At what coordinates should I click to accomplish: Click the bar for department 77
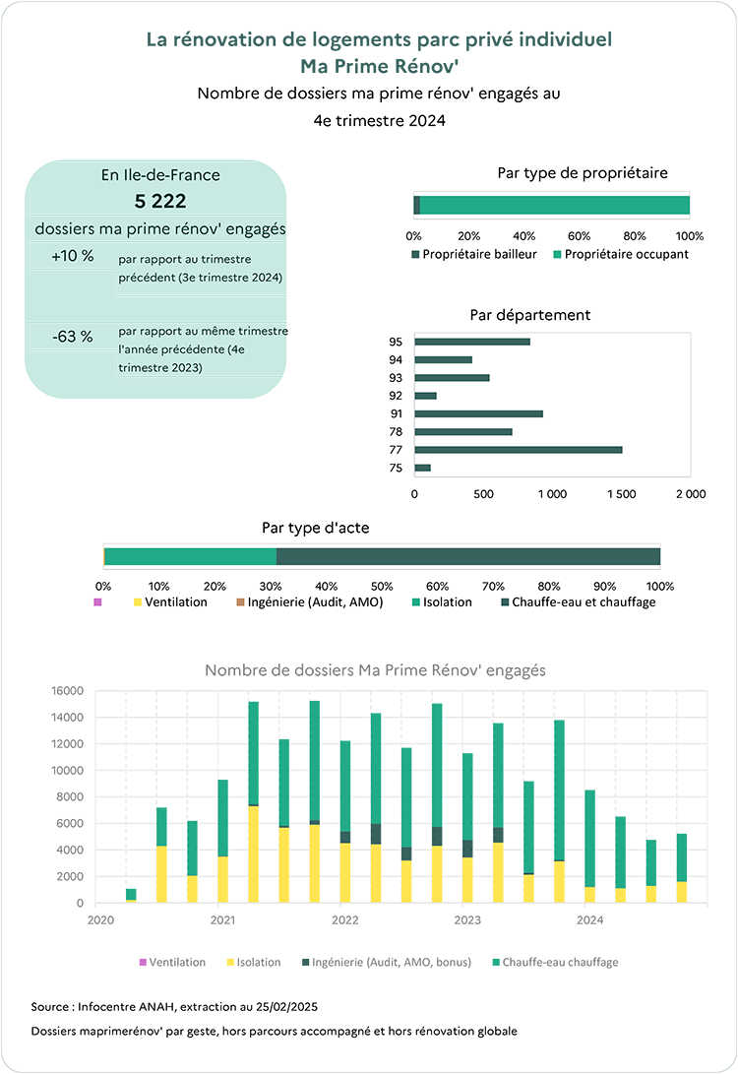click(519, 450)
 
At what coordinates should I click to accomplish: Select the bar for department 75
click(422, 468)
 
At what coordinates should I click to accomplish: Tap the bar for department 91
click(478, 413)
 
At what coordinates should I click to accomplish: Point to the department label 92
click(396, 396)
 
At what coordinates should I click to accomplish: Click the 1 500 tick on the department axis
click(621, 494)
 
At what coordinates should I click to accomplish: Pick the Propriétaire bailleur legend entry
click(473, 254)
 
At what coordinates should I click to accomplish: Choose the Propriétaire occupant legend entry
click(621, 254)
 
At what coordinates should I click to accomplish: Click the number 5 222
click(160, 202)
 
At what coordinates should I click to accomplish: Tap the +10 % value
click(73, 256)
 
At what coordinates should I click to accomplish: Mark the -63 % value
click(73, 337)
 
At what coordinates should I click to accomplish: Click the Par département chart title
click(529, 315)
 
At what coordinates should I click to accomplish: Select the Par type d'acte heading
click(316, 528)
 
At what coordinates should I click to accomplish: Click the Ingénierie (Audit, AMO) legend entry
click(309, 602)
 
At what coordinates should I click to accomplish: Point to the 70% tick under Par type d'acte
click(493, 587)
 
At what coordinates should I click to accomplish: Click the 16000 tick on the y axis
click(67, 690)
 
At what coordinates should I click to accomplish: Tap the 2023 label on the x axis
click(467, 919)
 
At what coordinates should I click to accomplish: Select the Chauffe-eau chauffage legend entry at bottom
click(555, 963)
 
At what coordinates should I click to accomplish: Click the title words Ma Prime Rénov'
click(379, 66)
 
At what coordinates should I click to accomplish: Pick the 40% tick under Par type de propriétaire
click(523, 236)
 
